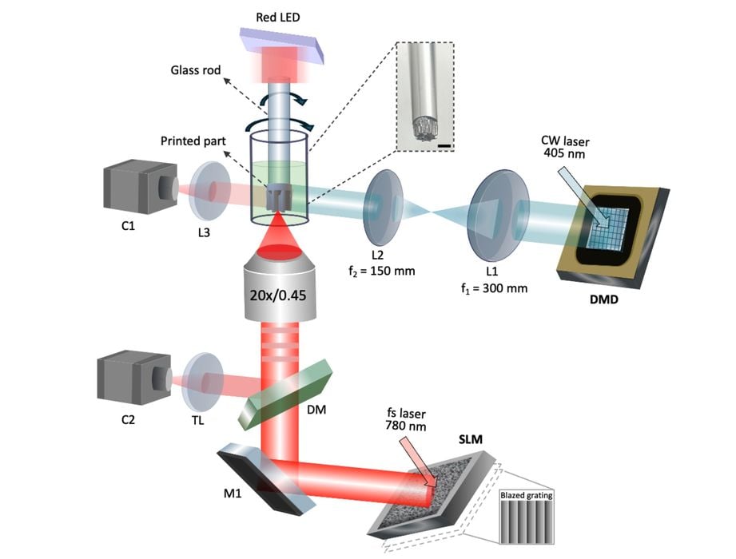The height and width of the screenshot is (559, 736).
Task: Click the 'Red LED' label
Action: pos(277,17)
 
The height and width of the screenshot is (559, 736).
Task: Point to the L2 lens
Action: pos(380,206)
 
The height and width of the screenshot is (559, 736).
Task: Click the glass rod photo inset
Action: pos(424,98)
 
